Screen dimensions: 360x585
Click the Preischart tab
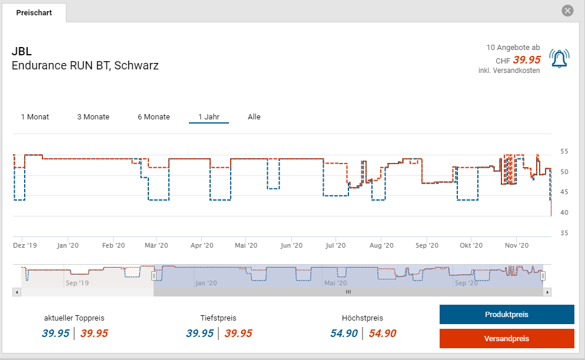pyautogui.click(x=34, y=12)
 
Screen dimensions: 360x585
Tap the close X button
pyautogui.click(x=567, y=11)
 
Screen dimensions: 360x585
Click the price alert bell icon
pyautogui.click(x=559, y=58)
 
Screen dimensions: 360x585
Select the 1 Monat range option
pyautogui.click(x=35, y=116)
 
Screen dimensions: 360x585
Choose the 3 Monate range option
pyautogui.click(x=93, y=116)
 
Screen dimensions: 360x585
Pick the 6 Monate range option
pyautogui.click(x=154, y=116)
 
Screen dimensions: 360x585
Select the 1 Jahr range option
pyautogui.click(x=208, y=116)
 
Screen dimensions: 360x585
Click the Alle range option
pyautogui.click(x=254, y=116)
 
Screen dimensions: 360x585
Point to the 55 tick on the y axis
pyautogui.click(x=564, y=151)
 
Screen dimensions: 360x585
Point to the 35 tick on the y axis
pyautogui.click(x=564, y=234)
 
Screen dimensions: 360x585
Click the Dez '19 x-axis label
pyautogui.click(x=25, y=245)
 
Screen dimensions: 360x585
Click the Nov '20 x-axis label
pyautogui.click(x=516, y=245)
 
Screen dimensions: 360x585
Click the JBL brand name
pyautogui.click(x=22, y=51)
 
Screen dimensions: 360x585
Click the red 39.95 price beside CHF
pyautogui.click(x=527, y=59)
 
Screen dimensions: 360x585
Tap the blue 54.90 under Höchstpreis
pyautogui.click(x=344, y=334)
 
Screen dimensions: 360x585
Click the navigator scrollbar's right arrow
pyautogui.click(x=547, y=292)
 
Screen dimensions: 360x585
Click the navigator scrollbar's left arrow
pyautogui.click(x=16, y=292)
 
